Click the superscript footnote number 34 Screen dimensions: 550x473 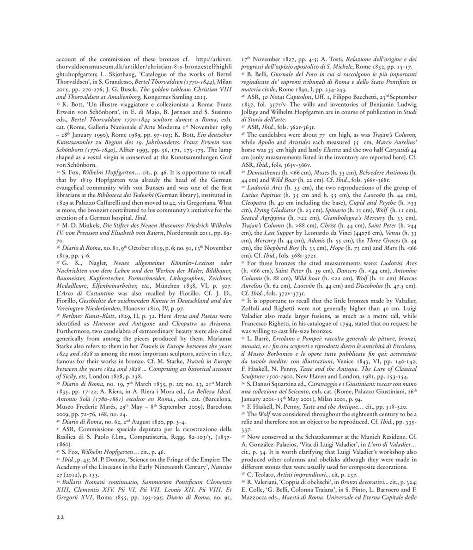[x=58, y=171]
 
